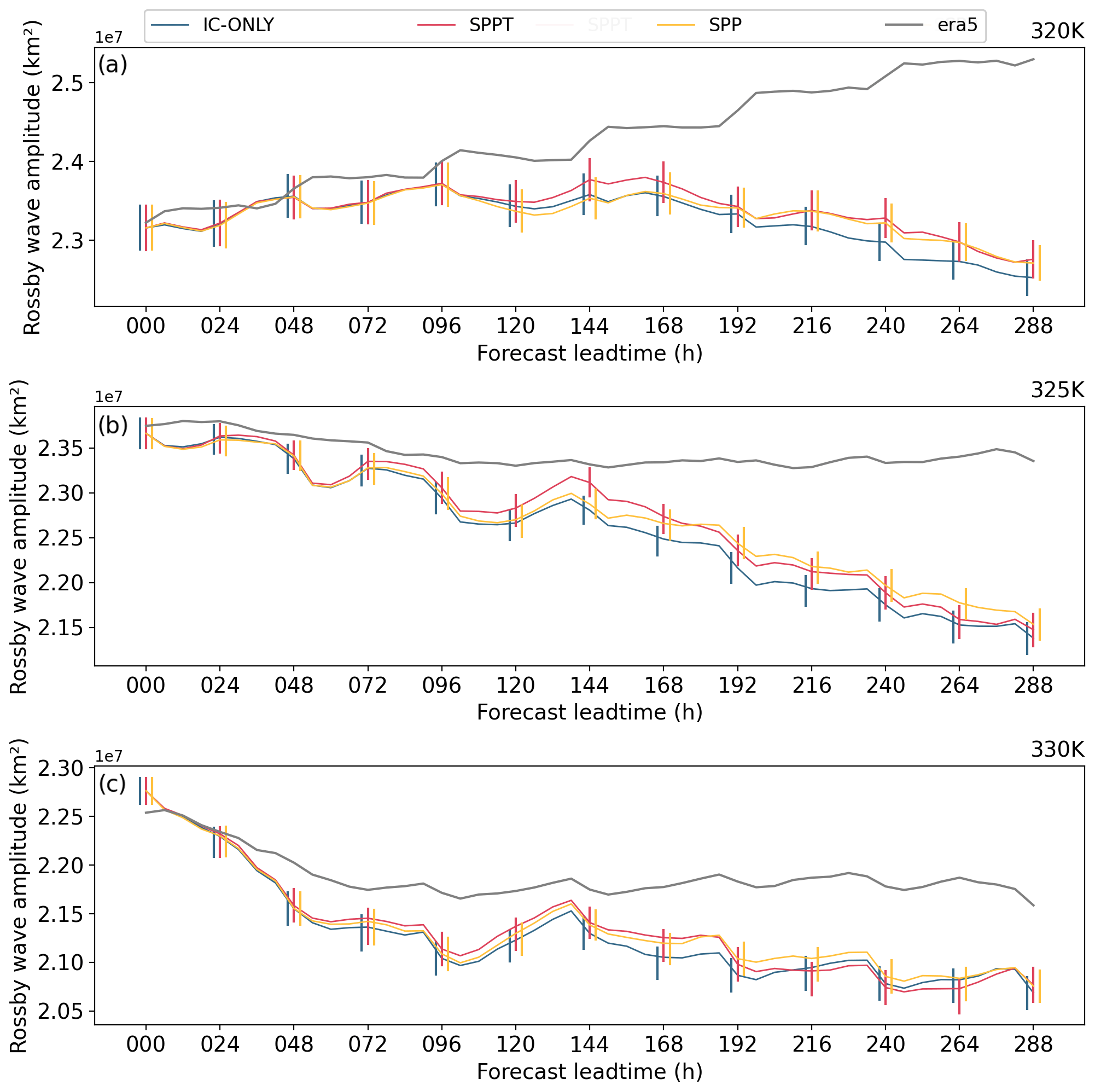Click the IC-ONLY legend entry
238,26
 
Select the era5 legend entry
957,26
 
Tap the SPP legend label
725,26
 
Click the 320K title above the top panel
1057,32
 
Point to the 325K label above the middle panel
1057,390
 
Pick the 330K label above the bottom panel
1057,750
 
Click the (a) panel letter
113,65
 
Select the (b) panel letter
113,425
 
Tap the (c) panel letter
112,784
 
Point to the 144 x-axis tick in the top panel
590,327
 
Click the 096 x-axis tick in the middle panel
441,686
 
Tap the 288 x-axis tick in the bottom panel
1033,1044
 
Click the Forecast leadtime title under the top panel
590,354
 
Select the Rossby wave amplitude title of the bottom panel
18,896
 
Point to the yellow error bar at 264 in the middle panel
965,607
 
